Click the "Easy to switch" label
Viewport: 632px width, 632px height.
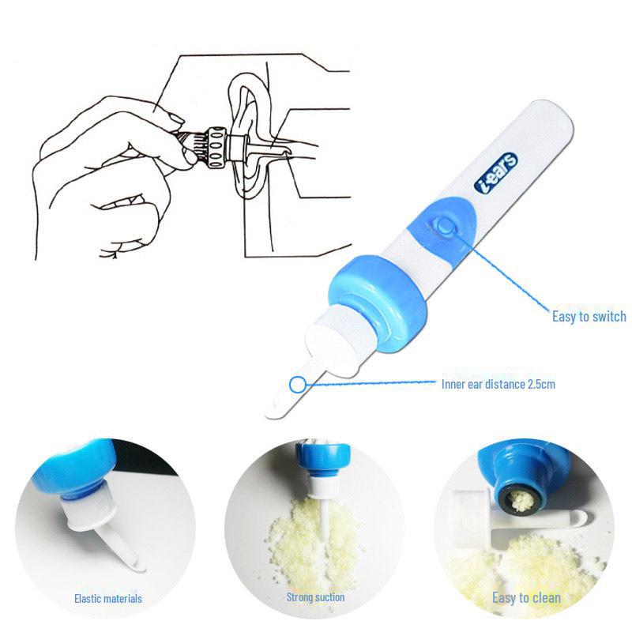tap(589, 317)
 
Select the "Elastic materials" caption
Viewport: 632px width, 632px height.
tap(108, 600)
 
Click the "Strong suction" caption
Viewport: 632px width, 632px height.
tap(315, 597)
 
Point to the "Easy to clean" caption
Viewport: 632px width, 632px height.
tap(526, 597)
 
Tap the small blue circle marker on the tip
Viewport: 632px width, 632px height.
tap(297, 386)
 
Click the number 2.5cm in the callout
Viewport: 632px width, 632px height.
tap(542, 385)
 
